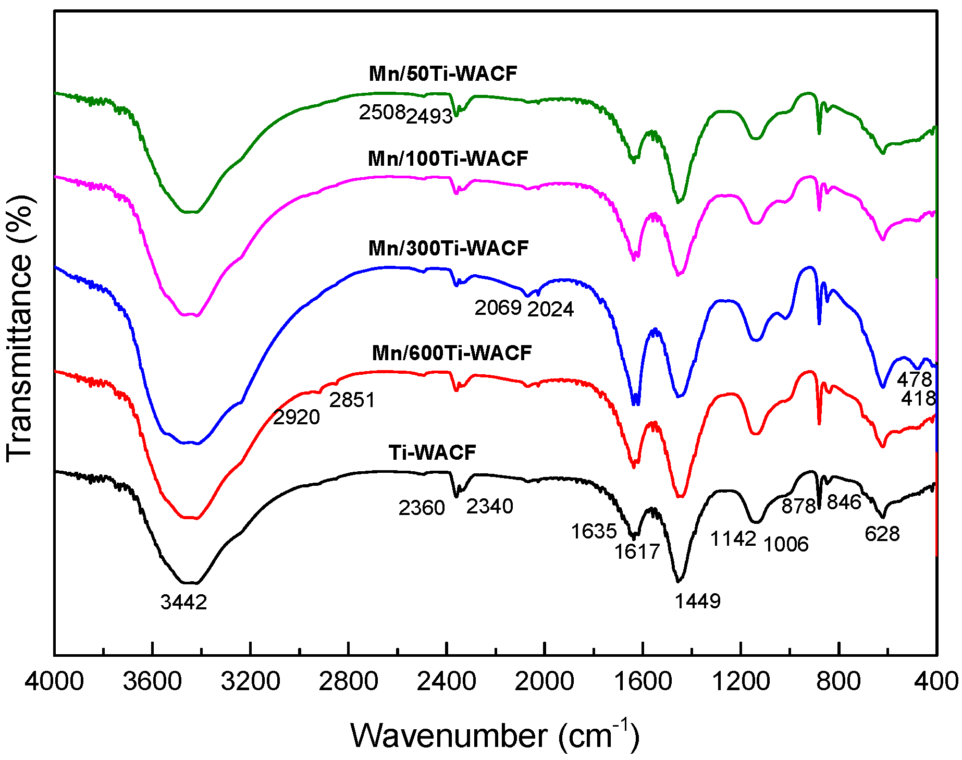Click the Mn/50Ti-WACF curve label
[442, 73]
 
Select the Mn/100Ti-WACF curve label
[448, 158]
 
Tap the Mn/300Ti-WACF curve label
[448, 248]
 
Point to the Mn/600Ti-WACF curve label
[451, 353]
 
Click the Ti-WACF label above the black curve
[432, 452]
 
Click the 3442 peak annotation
[183, 603]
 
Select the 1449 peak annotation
[697, 602]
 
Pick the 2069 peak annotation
[498, 308]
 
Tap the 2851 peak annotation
[352, 400]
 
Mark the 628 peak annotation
[882, 534]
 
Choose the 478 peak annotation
[914, 379]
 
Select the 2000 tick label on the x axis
[545, 681]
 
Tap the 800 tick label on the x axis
[838, 681]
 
